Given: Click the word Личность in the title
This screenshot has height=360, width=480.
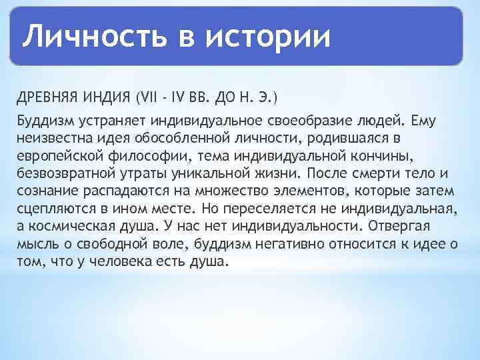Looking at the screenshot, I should tap(93, 36).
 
